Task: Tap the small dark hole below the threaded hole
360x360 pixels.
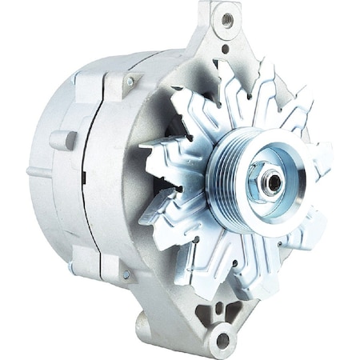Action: (x=225, y=49)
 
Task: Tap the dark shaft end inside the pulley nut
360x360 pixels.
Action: (x=274, y=182)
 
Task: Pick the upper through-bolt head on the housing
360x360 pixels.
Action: (x=129, y=81)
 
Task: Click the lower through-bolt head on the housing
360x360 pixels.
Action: (x=126, y=274)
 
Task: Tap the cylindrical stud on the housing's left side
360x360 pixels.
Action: (x=63, y=140)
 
